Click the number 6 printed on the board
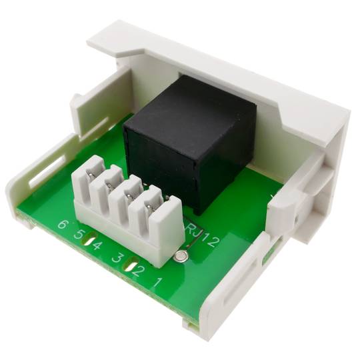click(62, 223)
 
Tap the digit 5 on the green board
click(78, 234)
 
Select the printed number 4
click(97, 245)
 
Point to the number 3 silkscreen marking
click(117, 258)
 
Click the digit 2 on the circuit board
click(137, 271)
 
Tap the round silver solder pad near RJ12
click(182, 256)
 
